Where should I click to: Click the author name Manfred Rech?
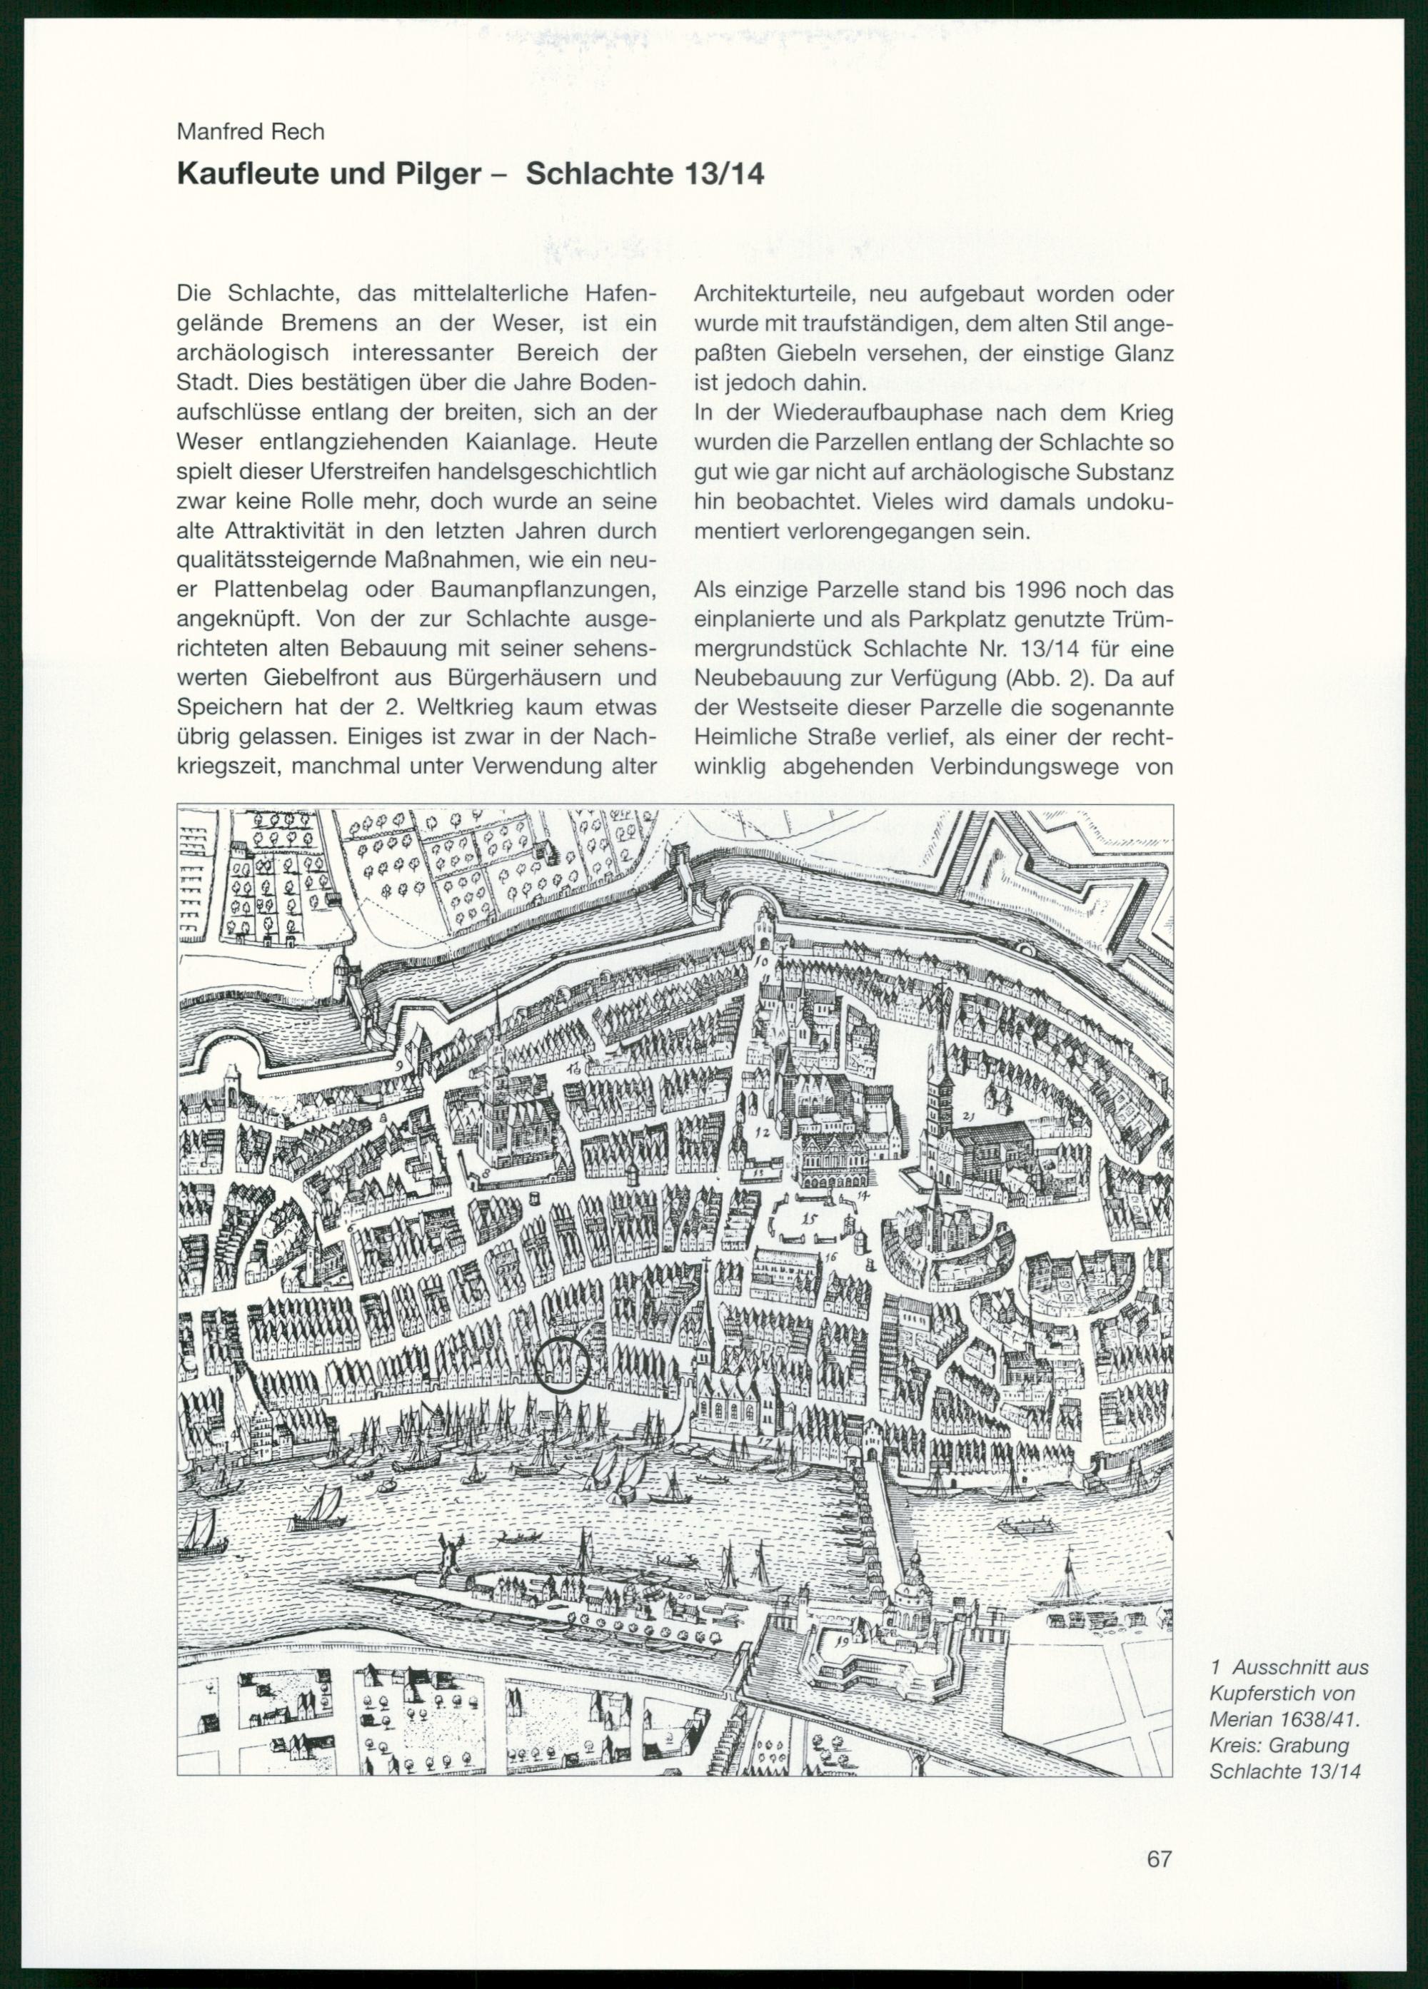tap(250, 133)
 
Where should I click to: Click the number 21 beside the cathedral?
tap(968, 1116)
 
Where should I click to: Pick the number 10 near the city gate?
tap(761, 962)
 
